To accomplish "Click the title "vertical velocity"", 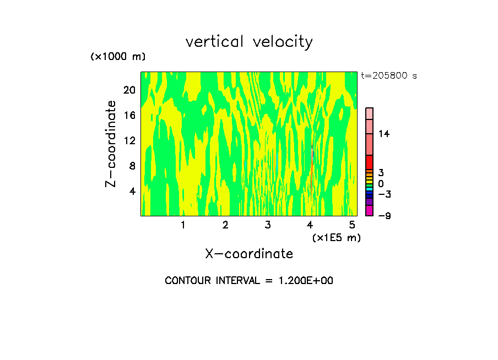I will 249,42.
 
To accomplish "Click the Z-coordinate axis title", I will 111,144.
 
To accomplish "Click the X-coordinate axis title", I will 249,254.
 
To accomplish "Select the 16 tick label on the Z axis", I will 129,115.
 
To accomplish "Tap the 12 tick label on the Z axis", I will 129,140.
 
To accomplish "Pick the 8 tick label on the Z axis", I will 132,166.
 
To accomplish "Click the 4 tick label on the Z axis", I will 132,191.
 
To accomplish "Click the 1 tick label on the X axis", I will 183,225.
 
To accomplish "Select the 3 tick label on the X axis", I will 268,225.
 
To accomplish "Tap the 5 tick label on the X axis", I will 353,225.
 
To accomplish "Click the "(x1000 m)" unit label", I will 118,57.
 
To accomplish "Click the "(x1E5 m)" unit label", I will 337,237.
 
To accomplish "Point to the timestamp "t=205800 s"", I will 389,76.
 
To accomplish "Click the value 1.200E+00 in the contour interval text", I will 305,281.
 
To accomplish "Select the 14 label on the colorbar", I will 383,134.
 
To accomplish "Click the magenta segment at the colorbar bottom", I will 369,210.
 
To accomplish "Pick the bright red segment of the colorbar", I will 369,162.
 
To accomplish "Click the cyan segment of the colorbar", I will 369,189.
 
